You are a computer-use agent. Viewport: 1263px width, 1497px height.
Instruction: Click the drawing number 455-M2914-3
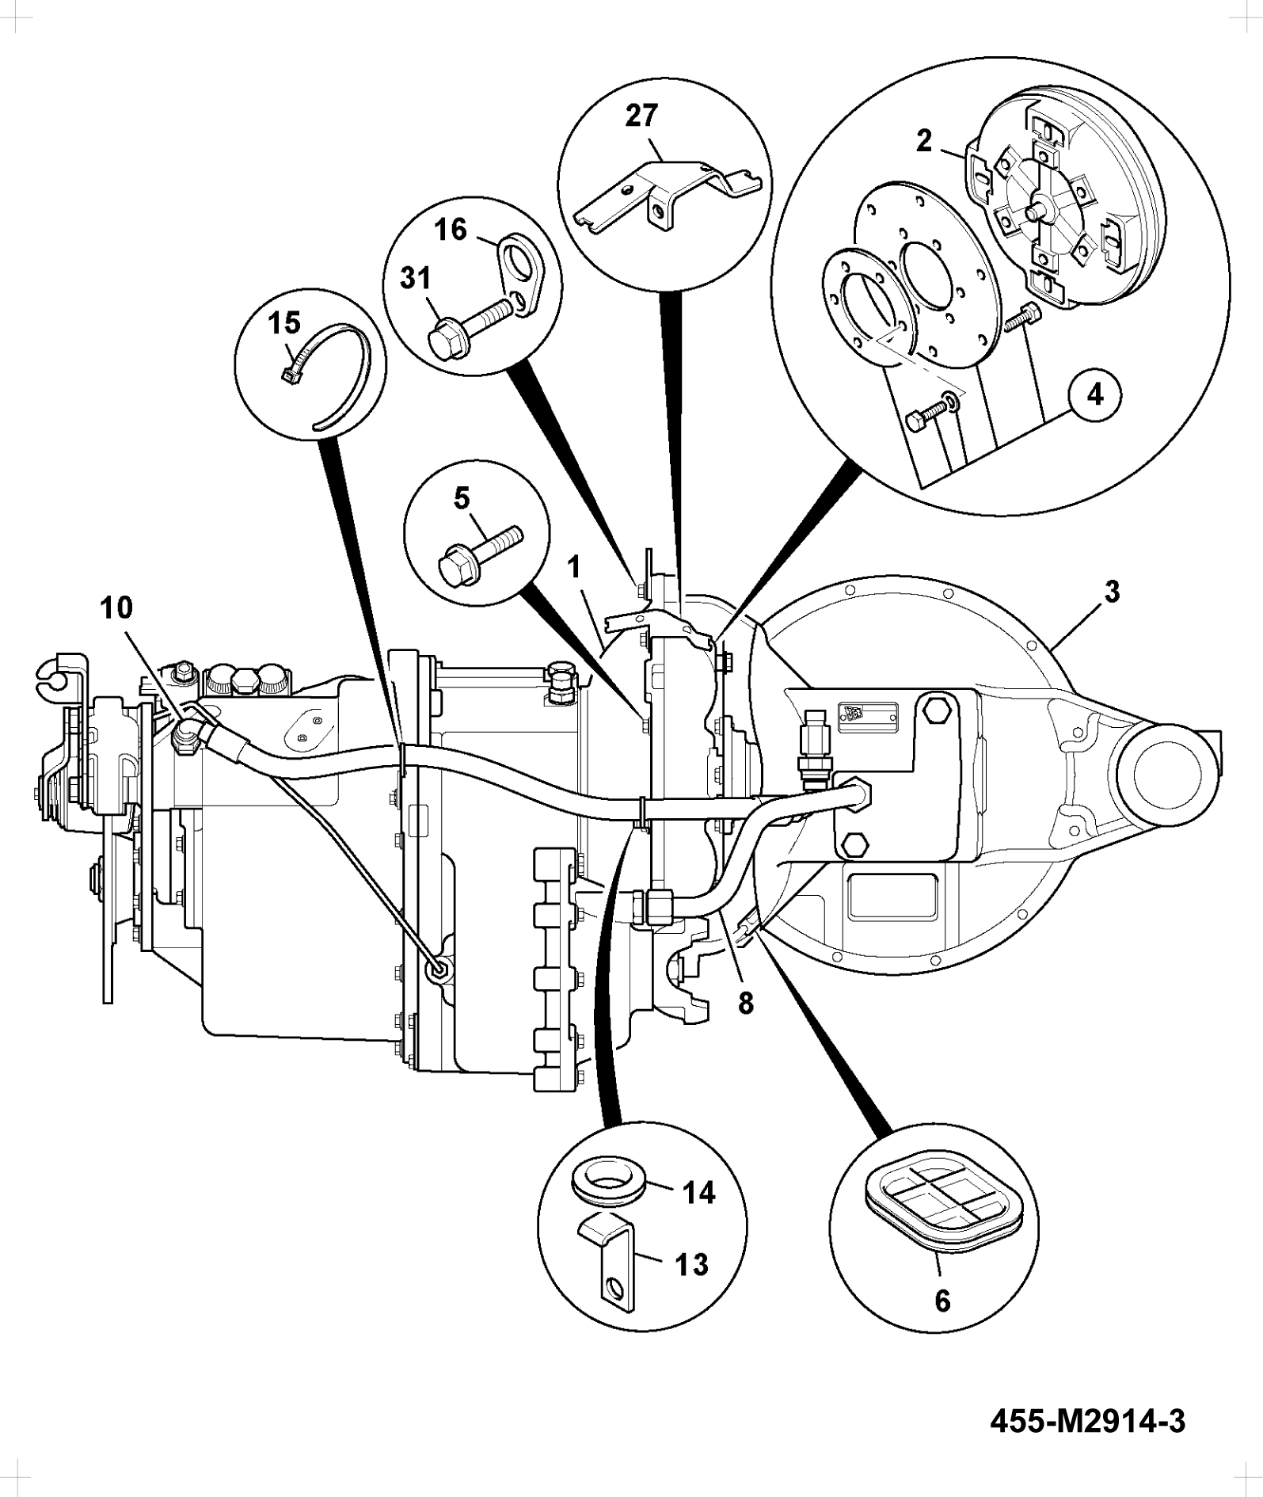coord(1089,1421)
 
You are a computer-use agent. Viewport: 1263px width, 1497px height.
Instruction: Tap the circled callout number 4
coord(1095,394)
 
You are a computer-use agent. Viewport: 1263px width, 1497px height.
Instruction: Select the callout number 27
coord(641,116)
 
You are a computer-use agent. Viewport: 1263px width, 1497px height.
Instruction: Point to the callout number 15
coord(284,322)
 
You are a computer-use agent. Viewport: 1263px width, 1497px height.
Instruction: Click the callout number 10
coord(116,608)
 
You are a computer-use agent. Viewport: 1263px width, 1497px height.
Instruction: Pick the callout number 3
coord(1112,591)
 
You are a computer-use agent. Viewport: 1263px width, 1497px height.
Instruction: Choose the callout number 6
coord(942,1301)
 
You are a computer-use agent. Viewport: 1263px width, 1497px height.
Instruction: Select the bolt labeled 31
coord(471,326)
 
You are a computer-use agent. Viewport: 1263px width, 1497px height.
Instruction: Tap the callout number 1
coord(575,567)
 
